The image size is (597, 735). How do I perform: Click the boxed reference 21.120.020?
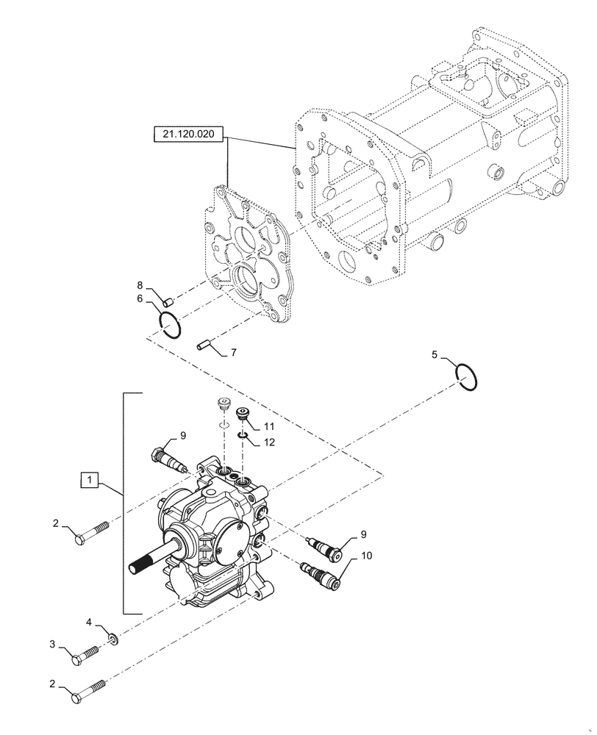188,135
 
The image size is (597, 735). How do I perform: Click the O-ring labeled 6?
170,325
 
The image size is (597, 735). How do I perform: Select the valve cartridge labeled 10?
321,576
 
